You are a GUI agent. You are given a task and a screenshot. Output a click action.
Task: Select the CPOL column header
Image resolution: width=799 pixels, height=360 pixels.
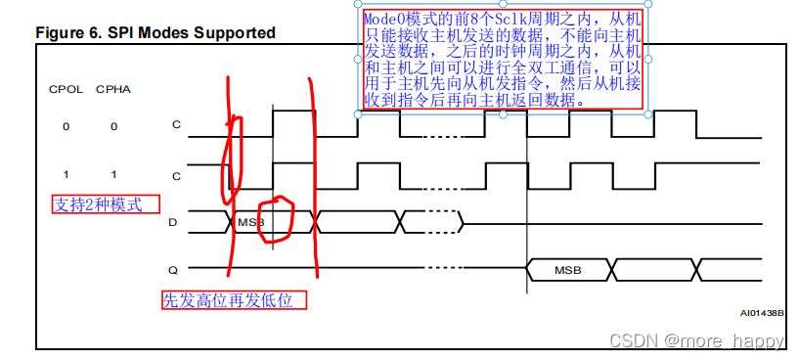66,90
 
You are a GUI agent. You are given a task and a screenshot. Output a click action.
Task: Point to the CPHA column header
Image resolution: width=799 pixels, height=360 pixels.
112,90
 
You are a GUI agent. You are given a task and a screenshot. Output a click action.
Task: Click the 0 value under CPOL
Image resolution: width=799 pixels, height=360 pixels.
66,126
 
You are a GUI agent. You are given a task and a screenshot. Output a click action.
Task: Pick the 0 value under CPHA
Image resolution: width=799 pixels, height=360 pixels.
112,126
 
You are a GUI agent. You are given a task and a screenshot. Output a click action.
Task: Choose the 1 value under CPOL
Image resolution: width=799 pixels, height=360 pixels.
66,174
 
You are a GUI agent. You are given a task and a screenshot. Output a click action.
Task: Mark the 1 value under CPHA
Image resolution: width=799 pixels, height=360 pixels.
112,174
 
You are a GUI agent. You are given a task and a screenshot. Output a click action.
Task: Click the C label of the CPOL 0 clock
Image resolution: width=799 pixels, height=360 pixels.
176,126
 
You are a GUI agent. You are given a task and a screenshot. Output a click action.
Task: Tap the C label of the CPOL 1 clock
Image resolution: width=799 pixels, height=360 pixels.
176,175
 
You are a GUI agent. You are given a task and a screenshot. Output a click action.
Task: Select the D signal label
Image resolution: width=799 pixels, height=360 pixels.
173,223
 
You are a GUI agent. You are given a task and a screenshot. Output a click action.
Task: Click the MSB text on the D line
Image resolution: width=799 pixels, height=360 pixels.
249,223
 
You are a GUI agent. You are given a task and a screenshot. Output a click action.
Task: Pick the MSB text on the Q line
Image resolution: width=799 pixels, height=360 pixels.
568,269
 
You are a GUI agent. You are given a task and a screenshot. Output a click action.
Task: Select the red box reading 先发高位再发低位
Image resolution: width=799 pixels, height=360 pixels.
234,300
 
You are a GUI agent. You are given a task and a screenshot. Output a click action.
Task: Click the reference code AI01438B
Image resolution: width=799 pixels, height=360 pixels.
761,314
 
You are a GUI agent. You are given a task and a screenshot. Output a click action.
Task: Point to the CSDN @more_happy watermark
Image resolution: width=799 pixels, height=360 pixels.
695,341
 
